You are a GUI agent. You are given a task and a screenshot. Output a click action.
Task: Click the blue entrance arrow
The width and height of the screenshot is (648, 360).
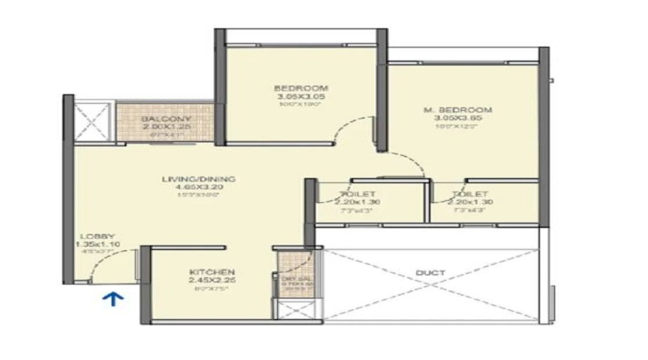[x=113, y=299]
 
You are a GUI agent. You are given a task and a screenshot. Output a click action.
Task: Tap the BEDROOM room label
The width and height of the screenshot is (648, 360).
[x=301, y=87]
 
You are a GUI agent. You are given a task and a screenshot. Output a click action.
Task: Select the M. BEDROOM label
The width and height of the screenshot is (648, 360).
[x=467, y=110]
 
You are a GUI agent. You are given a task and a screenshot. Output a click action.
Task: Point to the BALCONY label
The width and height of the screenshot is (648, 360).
[x=166, y=118]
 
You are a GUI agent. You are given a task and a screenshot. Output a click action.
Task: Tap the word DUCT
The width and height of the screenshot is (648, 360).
[x=429, y=273]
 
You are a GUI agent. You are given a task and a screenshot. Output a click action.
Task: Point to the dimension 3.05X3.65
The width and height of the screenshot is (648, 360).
[x=467, y=119]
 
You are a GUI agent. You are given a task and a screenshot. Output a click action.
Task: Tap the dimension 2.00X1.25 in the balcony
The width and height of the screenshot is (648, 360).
[x=166, y=126]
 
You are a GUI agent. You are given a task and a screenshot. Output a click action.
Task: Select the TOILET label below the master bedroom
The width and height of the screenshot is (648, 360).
[x=471, y=194]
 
